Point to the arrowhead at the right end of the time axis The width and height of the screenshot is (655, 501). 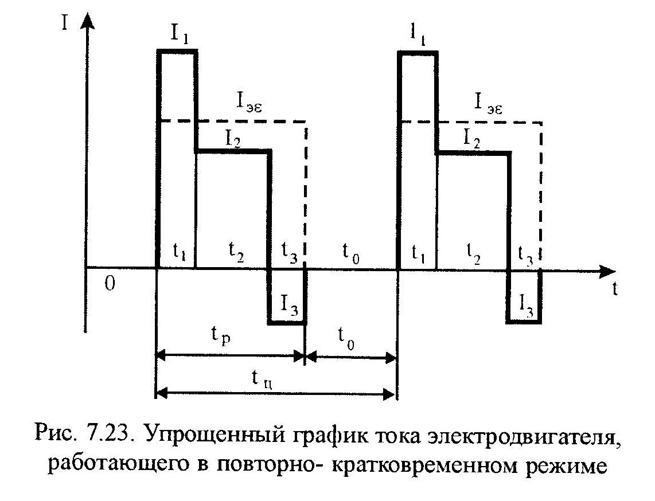(608, 272)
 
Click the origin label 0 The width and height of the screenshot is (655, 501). (110, 284)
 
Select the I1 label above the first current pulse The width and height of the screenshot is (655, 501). (179, 32)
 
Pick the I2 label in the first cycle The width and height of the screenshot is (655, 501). (233, 138)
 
